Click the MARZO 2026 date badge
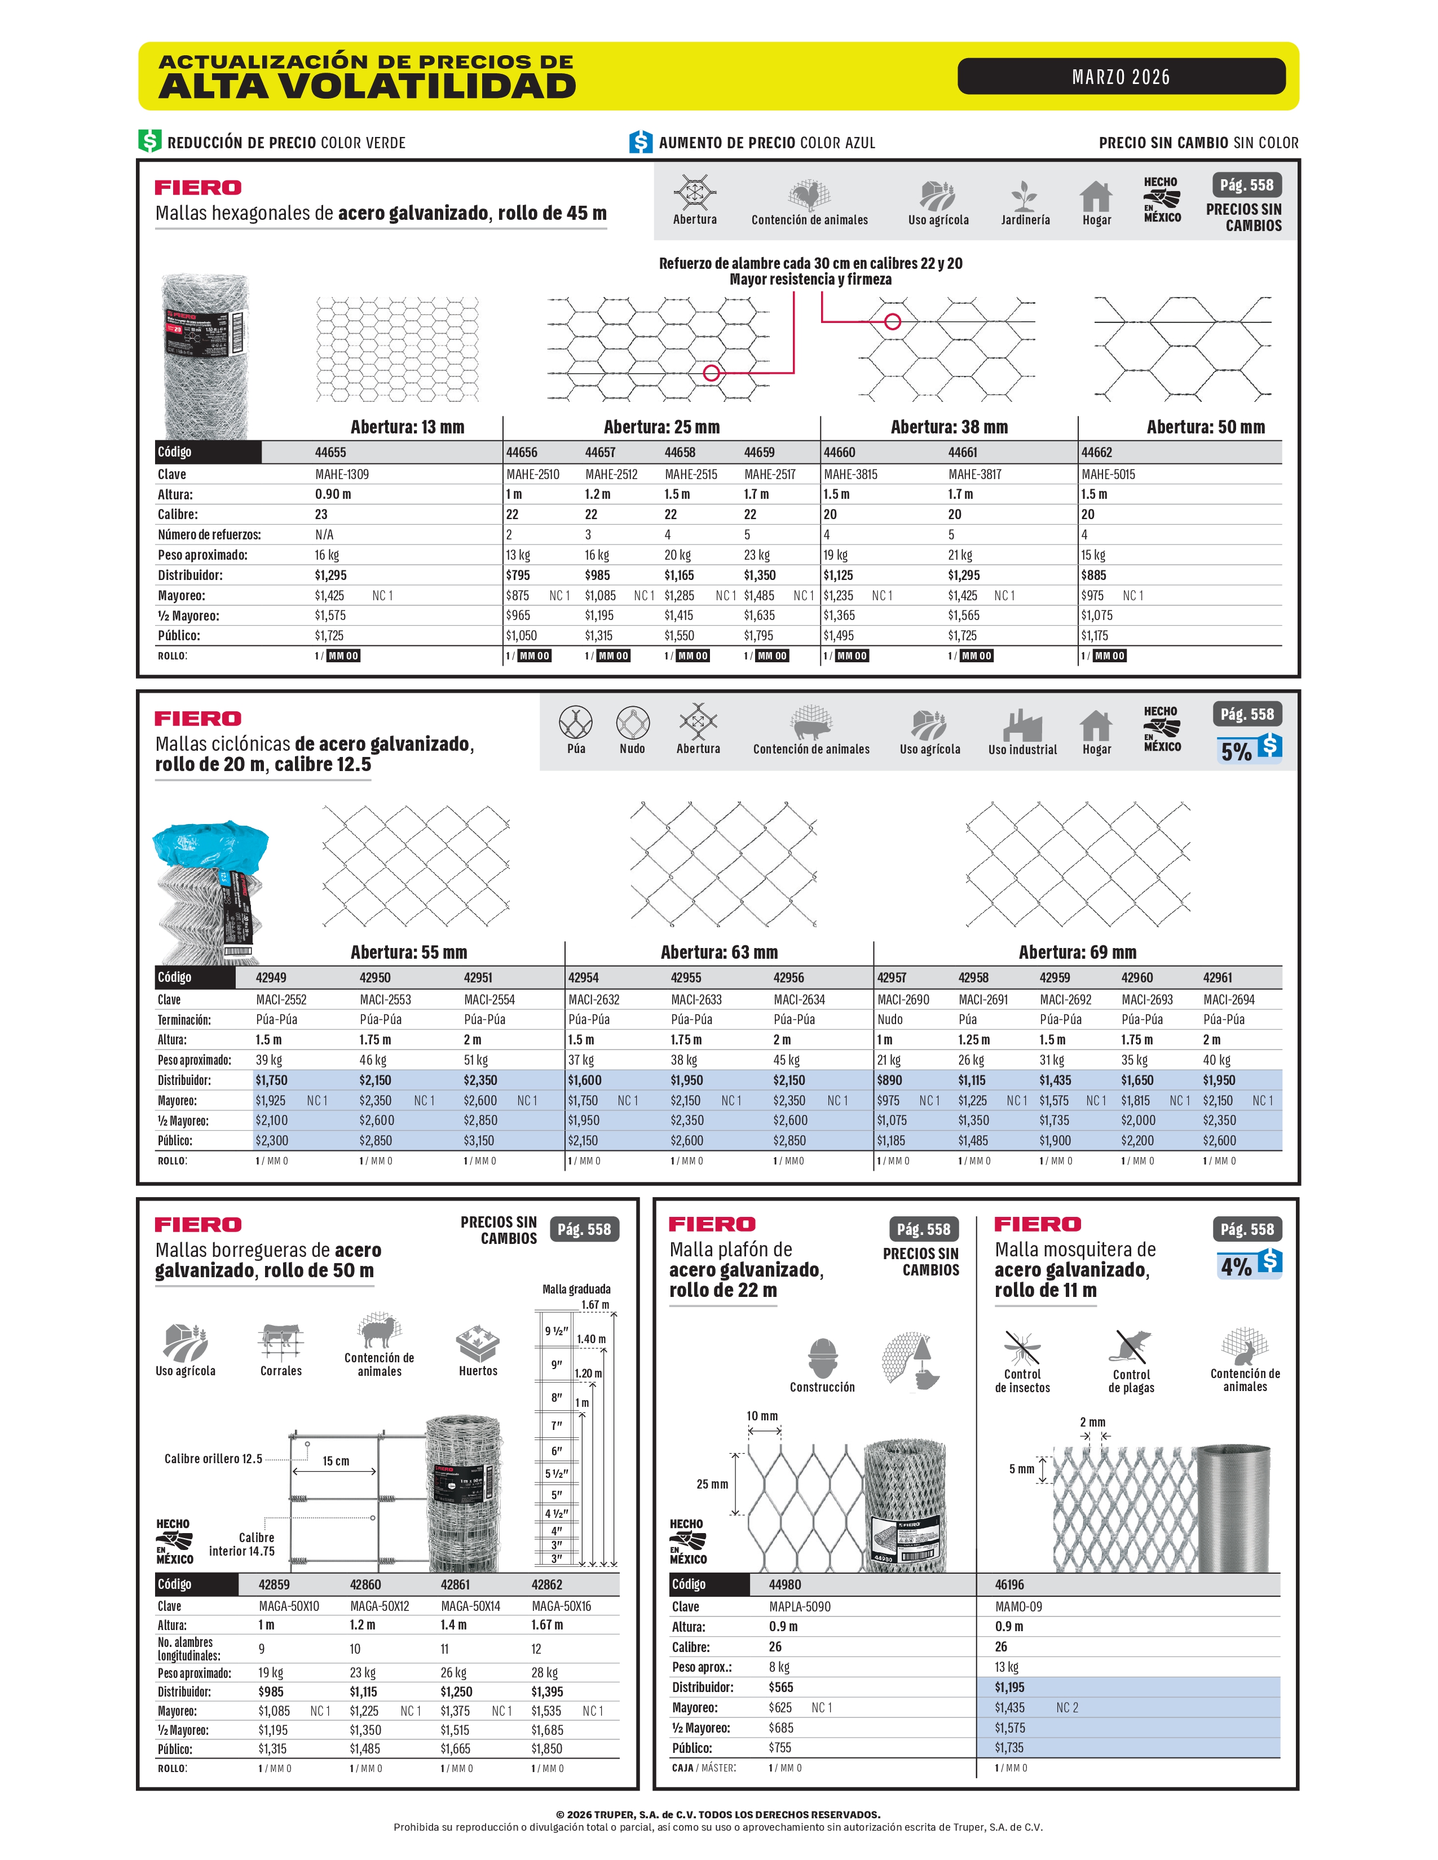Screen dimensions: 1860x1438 tap(1121, 77)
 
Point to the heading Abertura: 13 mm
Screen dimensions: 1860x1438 tap(407, 427)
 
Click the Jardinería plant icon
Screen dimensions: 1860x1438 tap(1025, 197)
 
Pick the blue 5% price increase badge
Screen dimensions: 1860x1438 tap(1249, 749)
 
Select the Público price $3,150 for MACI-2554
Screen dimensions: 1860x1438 tap(480, 1140)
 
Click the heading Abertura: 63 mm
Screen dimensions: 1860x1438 tap(719, 952)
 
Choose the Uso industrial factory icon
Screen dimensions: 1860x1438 tap(1021, 725)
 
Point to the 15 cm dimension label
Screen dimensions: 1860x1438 tap(336, 1460)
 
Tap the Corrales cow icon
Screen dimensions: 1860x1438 tap(280, 1343)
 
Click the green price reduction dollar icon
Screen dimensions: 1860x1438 tap(150, 141)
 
